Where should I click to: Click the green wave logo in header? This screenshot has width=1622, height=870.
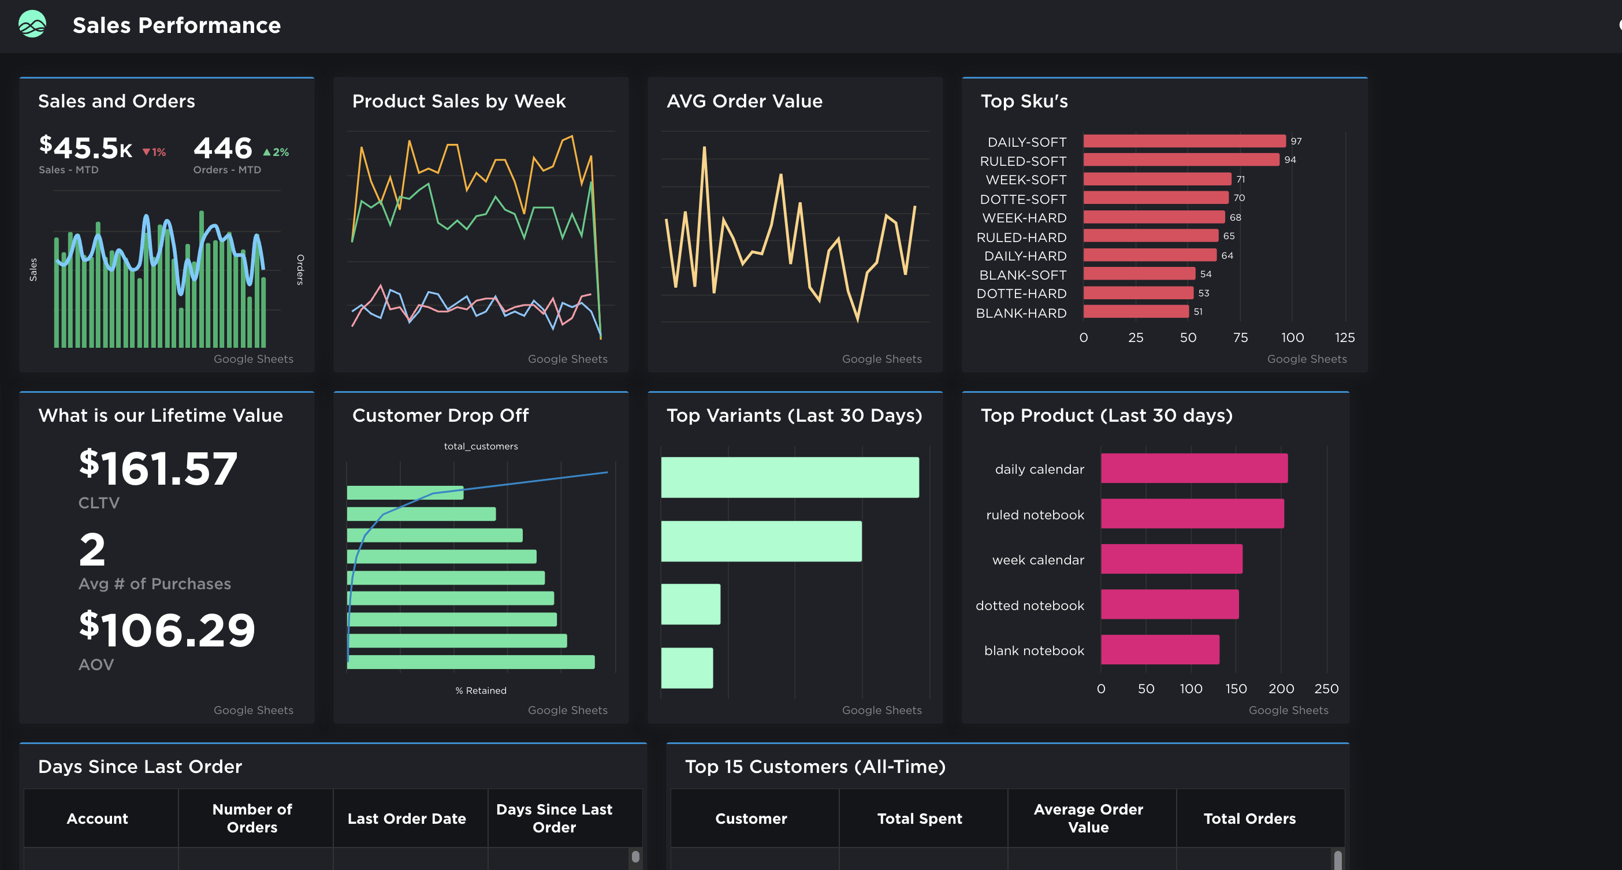click(32, 24)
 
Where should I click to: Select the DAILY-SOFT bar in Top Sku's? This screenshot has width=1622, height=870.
click(1184, 141)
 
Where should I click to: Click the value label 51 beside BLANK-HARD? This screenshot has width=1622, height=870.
click(1197, 311)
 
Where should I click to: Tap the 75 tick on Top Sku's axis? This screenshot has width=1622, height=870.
click(1240, 337)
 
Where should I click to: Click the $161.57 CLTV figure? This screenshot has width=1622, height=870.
click(158, 469)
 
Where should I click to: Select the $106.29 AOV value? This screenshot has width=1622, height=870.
click(167, 630)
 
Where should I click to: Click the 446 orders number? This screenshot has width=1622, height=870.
click(223, 148)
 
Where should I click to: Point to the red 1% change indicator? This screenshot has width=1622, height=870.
click(154, 153)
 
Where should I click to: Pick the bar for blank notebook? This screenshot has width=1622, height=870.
click(1159, 650)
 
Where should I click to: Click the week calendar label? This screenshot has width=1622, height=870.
click(1037, 560)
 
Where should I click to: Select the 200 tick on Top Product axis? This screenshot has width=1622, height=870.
click(1281, 689)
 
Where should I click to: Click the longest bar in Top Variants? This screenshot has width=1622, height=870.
click(790, 477)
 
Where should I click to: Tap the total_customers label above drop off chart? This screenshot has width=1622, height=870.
click(481, 447)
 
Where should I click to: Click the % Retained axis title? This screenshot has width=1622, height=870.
click(481, 690)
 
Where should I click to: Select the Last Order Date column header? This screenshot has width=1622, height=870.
click(407, 819)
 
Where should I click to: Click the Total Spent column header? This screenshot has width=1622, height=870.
click(919, 819)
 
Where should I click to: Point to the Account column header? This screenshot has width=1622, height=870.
click(98, 819)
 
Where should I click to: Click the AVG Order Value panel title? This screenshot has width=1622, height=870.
click(744, 101)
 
